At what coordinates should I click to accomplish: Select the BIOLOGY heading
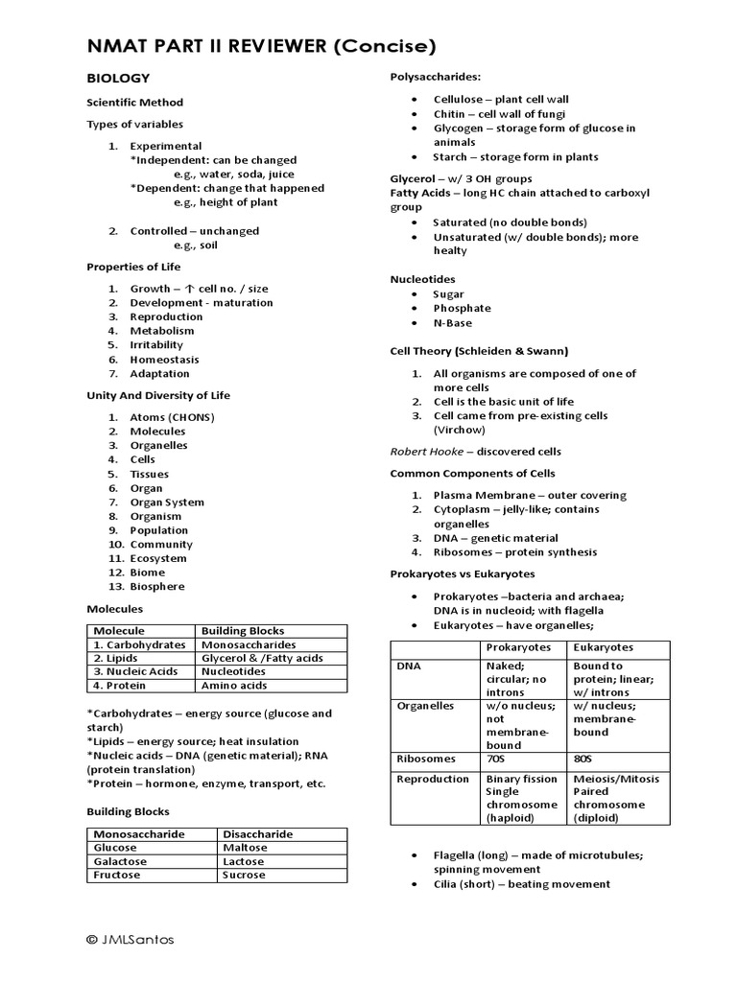(118, 78)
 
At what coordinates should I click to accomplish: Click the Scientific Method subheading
(134, 102)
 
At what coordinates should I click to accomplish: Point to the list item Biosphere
(157, 586)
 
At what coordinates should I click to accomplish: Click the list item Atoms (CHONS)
(172, 417)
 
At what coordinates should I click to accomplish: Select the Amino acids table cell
(232, 686)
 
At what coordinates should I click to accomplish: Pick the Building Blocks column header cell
(243, 630)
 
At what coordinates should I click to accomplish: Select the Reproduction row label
(434, 779)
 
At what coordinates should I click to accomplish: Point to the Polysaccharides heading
(435, 77)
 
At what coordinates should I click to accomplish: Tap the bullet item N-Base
(452, 322)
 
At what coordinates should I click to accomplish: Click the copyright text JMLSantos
(133, 941)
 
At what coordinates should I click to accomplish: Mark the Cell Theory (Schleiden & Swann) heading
(479, 350)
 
